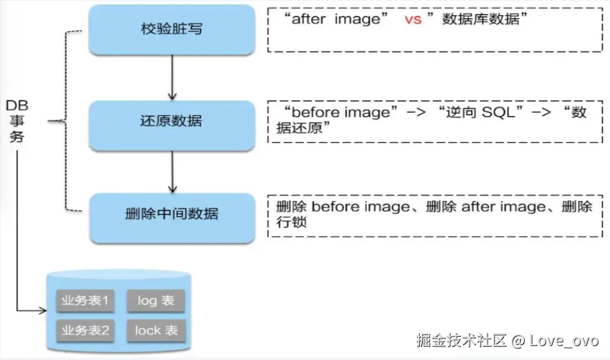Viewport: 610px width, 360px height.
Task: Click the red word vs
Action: point(413,19)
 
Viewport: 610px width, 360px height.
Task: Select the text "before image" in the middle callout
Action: point(340,113)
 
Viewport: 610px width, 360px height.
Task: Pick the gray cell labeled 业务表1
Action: point(84,301)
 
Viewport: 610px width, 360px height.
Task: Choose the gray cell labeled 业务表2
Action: point(84,330)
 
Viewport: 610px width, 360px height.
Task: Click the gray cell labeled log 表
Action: point(156,301)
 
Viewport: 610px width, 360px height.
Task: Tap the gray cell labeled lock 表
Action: point(156,330)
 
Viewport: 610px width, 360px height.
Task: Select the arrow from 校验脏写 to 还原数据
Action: point(172,78)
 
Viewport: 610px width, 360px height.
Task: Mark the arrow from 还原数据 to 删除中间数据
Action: point(172,171)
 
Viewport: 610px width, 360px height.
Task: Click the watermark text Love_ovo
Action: point(564,340)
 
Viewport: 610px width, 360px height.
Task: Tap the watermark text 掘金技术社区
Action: point(461,340)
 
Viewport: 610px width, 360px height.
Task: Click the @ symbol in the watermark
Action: point(517,340)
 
